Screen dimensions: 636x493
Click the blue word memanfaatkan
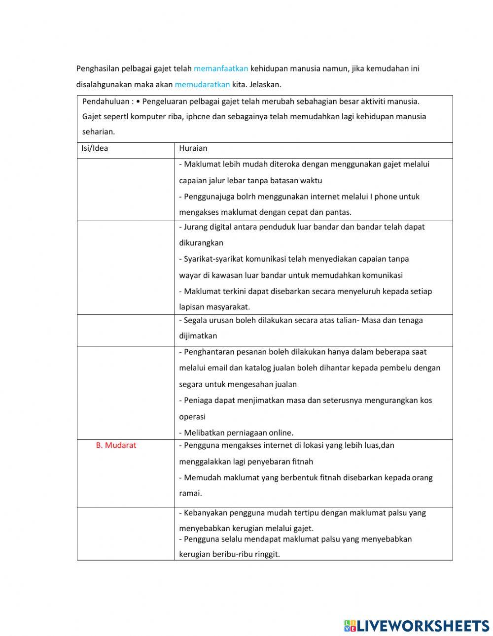click(x=221, y=68)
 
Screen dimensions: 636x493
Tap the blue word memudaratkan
click(x=202, y=84)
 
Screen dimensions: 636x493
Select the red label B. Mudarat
click(x=116, y=445)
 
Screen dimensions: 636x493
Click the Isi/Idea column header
click(x=95, y=148)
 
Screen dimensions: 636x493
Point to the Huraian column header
click(x=193, y=148)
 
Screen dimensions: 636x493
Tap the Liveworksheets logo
click(x=417, y=626)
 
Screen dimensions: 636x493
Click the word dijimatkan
click(x=198, y=336)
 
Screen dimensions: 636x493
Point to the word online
click(x=281, y=433)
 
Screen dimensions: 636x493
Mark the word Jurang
click(x=196, y=227)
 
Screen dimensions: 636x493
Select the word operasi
click(x=192, y=417)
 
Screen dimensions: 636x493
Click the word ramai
click(x=190, y=493)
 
